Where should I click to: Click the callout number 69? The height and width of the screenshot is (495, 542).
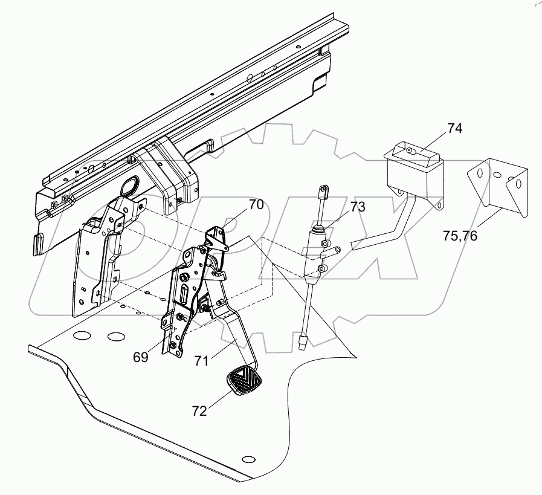pyautogui.click(x=141, y=357)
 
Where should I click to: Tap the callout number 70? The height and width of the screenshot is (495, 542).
pyautogui.click(x=256, y=204)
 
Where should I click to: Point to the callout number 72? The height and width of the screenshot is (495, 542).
pyautogui.click(x=199, y=412)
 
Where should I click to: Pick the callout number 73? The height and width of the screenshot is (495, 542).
pyautogui.click(x=357, y=207)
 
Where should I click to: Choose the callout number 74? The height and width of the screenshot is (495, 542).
pyautogui.click(x=455, y=128)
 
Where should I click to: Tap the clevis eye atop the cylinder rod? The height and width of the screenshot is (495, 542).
pyautogui.click(x=322, y=192)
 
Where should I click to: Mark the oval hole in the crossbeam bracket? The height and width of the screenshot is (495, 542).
pyautogui.click(x=127, y=187)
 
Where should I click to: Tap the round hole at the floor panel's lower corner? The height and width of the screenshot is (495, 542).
pyautogui.click(x=245, y=458)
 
